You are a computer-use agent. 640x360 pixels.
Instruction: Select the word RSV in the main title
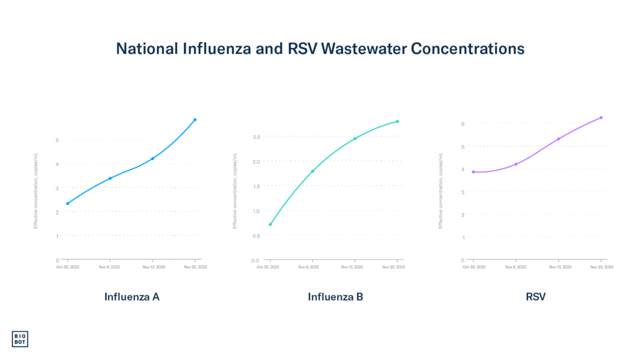pyautogui.click(x=299, y=49)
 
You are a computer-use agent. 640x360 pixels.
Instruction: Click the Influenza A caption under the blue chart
pyautogui.click(x=132, y=297)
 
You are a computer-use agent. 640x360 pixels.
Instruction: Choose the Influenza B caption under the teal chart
pyautogui.click(x=336, y=297)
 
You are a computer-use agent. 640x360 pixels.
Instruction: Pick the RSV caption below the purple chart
pyautogui.click(x=536, y=297)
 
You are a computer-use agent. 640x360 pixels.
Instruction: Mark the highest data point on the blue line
pyautogui.click(x=195, y=119)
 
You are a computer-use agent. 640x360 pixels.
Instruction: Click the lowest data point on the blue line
pyautogui.click(x=67, y=203)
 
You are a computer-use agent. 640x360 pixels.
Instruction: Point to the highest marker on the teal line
pyautogui.click(x=397, y=121)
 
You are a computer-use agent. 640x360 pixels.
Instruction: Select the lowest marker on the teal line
pyautogui.click(x=270, y=224)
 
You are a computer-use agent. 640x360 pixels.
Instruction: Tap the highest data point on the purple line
pyautogui.click(x=601, y=117)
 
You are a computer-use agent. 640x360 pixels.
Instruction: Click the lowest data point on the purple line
pyautogui.click(x=473, y=172)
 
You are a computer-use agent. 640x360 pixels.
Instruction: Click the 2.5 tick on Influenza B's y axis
pyautogui.click(x=256, y=136)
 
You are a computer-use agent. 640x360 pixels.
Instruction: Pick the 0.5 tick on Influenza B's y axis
pyautogui.click(x=256, y=235)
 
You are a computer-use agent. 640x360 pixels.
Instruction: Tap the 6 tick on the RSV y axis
pyautogui.click(x=462, y=124)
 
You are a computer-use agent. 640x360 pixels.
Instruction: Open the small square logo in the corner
pyautogui.click(x=20, y=339)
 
